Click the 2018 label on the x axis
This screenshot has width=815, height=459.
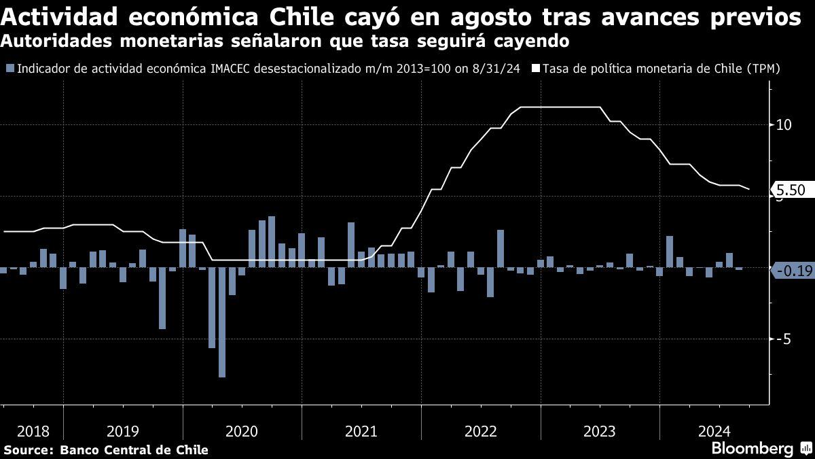[x=32, y=431]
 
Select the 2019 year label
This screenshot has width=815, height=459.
[x=123, y=431]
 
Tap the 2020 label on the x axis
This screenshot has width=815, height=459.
[x=242, y=431]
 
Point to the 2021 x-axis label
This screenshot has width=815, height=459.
[x=361, y=431]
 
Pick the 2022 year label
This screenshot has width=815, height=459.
[x=480, y=431]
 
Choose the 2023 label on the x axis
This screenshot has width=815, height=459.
[x=599, y=431]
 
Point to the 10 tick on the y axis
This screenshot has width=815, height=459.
[x=783, y=125]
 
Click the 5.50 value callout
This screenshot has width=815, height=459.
[x=789, y=192]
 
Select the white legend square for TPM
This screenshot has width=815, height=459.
[x=535, y=69]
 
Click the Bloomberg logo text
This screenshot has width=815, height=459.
[x=752, y=449]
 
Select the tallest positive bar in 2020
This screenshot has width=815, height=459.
[x=272, y=241]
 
